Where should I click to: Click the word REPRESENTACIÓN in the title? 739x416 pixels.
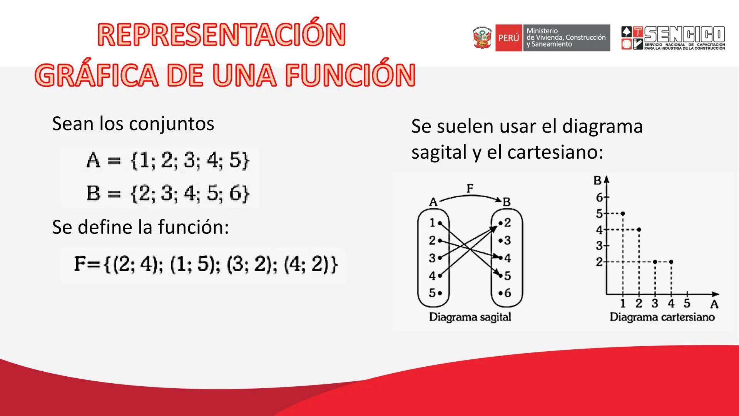(x=221, y=35)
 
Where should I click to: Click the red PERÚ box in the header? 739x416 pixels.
(x=508, y=38)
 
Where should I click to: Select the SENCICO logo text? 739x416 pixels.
(x=684, y=35)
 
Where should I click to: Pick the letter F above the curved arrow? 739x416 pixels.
(x=470, y=188)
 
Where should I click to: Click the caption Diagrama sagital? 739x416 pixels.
(x=470, y=317)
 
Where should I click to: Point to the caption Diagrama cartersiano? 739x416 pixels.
(x=662, y=317)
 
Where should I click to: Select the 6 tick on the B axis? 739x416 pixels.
(x=600, y=198)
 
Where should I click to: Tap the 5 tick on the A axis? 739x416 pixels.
(x=687, y=304)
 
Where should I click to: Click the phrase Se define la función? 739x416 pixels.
(x=140, y=227)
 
